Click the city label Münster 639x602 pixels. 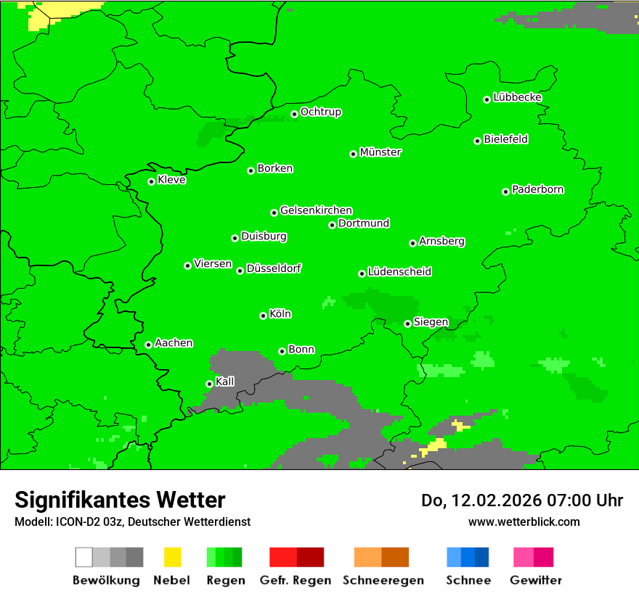pos(380,152)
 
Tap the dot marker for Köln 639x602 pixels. pos(263,316)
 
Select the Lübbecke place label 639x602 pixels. pos(517,97)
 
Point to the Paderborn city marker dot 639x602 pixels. pos(505,191)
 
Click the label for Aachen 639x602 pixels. pos(174,343)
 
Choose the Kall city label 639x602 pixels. pos(225,382)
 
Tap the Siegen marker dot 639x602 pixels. pos(407,323)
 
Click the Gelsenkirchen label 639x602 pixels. pos(316,210)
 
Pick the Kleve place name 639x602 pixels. pos(171,180)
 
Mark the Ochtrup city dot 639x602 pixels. pos(294,114)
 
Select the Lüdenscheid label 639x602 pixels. pos(399,272)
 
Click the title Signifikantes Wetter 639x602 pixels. pos(120,500)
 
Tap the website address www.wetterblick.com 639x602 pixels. pos(524,521)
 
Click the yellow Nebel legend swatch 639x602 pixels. pos(172,557)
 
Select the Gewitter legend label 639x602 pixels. pos(535,580)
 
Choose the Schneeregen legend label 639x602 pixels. pos(383,580)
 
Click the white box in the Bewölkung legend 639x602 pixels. pos(84,557)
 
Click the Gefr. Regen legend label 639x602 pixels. pos(295,580)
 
